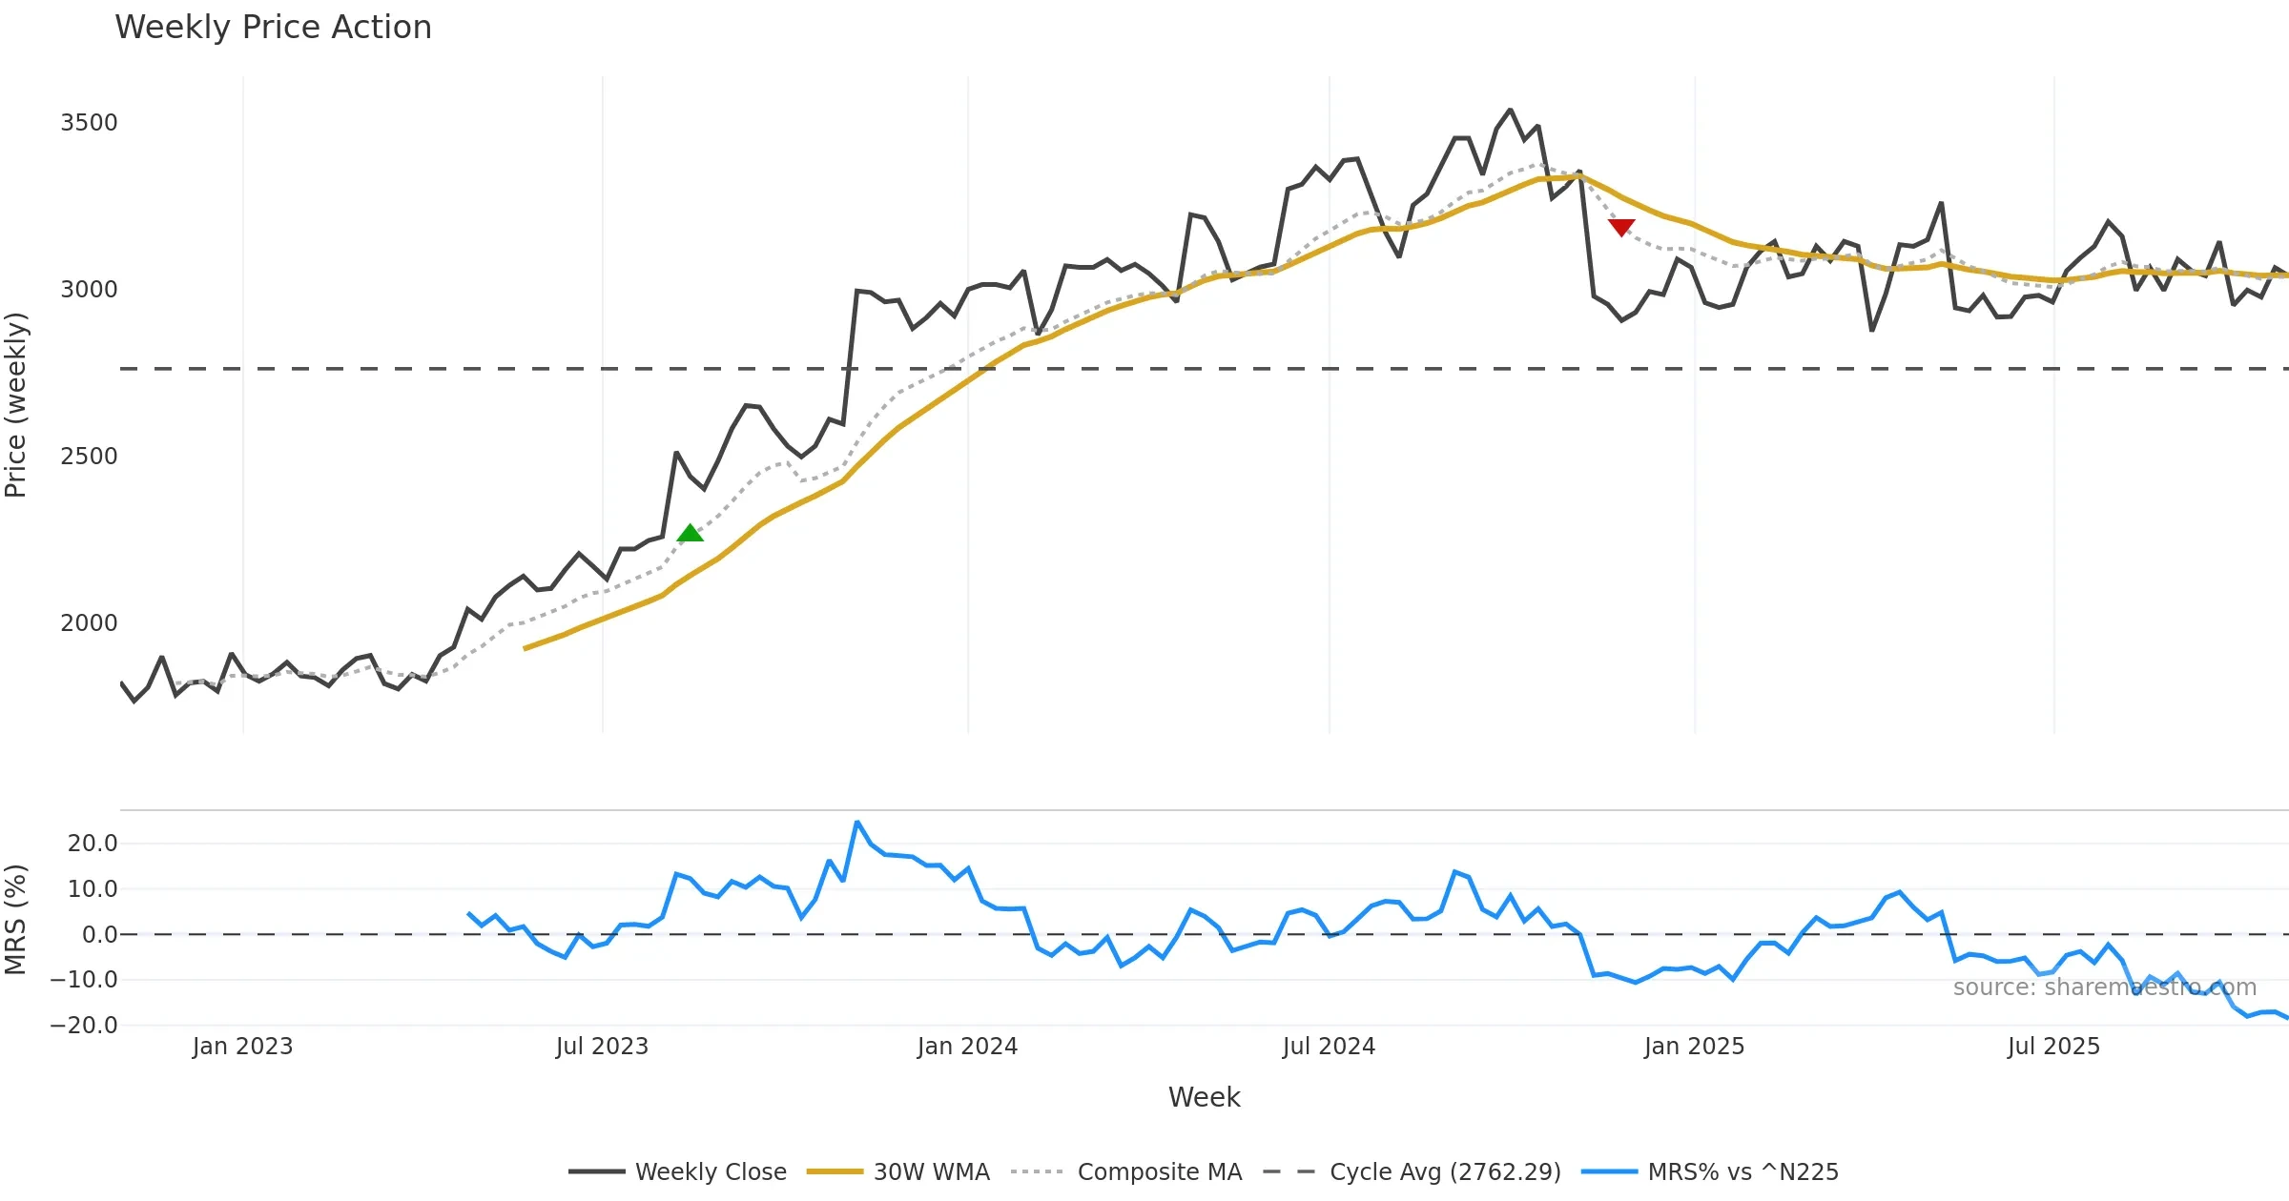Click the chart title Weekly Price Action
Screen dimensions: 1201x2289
273,28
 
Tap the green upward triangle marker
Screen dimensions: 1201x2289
690,534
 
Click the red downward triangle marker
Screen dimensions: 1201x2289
1621,227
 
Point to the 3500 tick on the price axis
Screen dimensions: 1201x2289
89,123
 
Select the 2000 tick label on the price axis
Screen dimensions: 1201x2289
89,623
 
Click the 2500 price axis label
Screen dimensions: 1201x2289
89,457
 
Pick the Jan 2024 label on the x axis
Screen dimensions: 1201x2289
967,1047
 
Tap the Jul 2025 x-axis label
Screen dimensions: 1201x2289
2053,1047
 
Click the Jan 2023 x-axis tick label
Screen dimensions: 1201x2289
242,1047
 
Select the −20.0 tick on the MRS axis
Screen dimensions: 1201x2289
84,1026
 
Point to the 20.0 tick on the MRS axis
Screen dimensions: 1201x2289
92,844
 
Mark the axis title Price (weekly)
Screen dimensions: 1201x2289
16,405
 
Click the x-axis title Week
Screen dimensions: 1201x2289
1204,1098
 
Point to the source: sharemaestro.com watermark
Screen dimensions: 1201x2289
2104,987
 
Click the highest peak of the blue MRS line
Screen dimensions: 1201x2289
857,822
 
